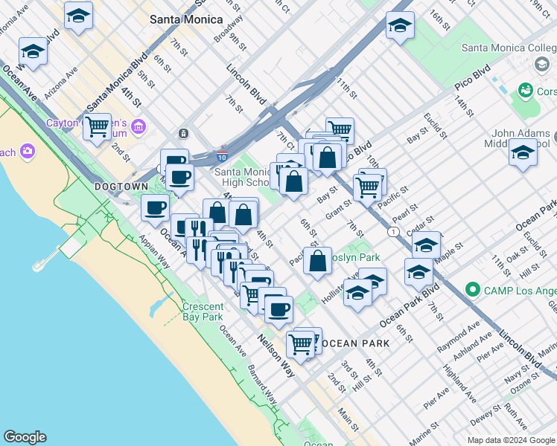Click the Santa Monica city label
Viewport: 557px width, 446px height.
click(x=185, y=19)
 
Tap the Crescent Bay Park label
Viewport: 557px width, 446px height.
click(x=203, y=311)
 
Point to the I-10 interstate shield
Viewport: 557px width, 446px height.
click(x=223, y=157)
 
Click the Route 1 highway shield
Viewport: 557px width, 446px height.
click(x=392, y=233)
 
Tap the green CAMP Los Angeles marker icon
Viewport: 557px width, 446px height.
click(x=471, y=288)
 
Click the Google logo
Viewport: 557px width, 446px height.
click(x=25, y=437)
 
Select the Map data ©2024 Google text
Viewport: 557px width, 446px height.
click(x=511, y=440)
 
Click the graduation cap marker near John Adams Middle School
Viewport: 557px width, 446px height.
click(x=523, y=153)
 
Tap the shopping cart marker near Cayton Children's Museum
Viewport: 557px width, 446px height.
click(x=97, y=127)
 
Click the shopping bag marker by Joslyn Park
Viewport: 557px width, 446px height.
click(x=317, y=261)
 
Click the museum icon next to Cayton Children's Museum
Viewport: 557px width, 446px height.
click(x=139, y=128)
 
